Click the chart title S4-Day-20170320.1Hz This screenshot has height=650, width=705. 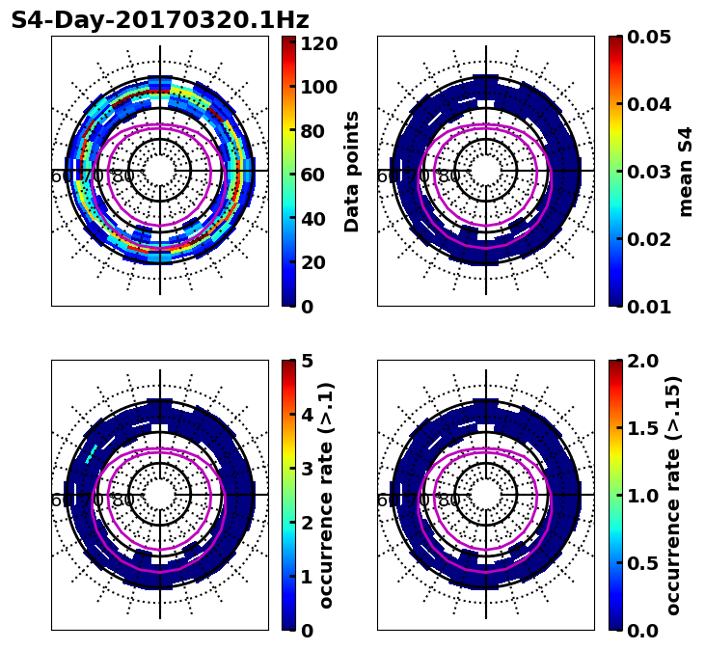click(x=159, y=20)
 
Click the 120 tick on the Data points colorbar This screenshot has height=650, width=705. click(x=318, y=43)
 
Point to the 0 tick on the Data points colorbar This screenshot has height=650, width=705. click(x=307, y=307)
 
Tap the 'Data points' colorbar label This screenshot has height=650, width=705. click(x=352, y=172)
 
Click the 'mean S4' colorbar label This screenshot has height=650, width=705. click(x=686, y=172)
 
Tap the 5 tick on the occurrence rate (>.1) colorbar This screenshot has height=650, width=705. click(x=307, y=361)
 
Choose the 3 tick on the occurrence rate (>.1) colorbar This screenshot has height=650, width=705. click(x=307, y=469)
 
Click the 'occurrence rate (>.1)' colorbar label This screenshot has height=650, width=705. click(x=326, y=495)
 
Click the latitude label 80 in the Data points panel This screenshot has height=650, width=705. click(x=123, y=176)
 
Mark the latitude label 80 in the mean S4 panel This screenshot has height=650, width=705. click(x=449, y=176)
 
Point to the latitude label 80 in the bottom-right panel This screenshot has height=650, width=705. click(x=449, y=501)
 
